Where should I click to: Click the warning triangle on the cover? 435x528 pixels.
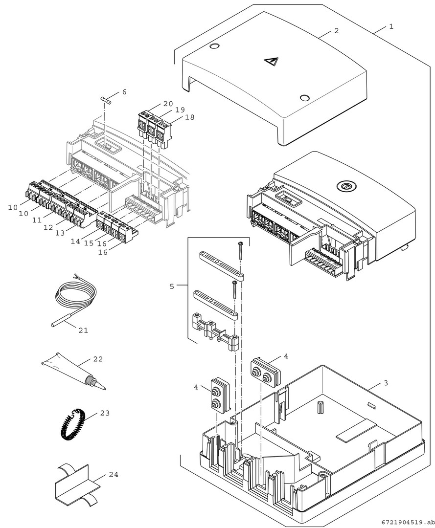tap(270, 62)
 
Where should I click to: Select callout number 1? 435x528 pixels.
tap(390, 26)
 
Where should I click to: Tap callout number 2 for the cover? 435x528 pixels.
tap(336, 30)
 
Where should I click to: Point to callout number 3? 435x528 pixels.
tap(386, 383)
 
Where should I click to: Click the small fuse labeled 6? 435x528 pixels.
tap(106, 100)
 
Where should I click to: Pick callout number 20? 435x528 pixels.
tap(168, 104)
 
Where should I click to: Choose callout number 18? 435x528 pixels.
tap(189, 117)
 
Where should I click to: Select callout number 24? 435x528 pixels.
tap(114, 474)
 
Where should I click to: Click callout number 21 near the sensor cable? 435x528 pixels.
tap(83, 330)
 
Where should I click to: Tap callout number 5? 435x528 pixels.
tap(172, 286)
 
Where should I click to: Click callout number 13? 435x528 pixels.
tap(60, 233)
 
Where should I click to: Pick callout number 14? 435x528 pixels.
tap(74, 241)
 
